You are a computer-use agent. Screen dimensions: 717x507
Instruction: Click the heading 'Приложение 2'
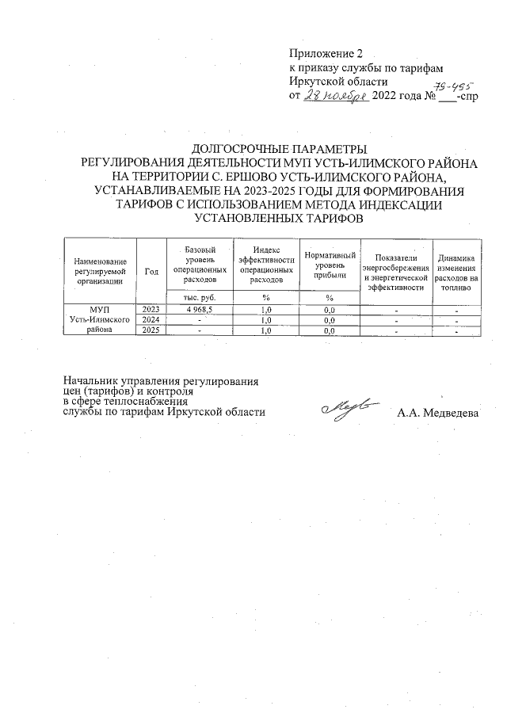tap(325, 54)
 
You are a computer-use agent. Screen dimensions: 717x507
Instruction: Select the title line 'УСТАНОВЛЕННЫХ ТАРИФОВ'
tap(280, 219)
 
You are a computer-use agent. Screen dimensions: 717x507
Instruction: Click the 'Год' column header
tap(151, 270)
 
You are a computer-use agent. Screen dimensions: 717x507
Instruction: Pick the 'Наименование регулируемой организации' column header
tap(100, 270)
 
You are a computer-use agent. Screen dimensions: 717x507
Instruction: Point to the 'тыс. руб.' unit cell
tap(199, 296)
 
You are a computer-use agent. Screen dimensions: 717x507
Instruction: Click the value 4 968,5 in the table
tap(199, 309)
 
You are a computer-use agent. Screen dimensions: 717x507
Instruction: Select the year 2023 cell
tap(151, 309)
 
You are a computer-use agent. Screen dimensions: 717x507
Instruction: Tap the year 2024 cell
tap(151, 320)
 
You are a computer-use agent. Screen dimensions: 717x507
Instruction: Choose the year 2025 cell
tap(151, 331)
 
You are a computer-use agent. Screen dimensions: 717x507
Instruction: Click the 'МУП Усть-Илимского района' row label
tap(100, 320)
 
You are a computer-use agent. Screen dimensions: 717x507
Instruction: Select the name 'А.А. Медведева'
tap(438, 413)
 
